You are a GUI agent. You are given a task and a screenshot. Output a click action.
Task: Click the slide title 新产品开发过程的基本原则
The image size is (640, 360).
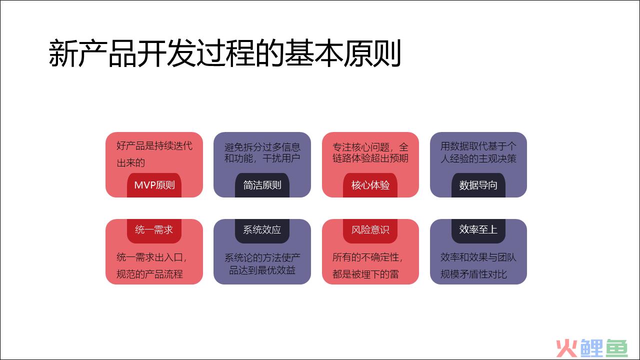click(225, 53)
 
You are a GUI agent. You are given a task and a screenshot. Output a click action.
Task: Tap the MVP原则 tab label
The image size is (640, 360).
click(154, 185)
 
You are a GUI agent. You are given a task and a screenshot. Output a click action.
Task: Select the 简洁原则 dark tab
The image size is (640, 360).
click(262, 185)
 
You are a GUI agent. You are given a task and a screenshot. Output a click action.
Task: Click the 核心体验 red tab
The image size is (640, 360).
click(370, 185)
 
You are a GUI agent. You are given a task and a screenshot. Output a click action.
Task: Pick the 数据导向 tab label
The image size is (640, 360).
click(478, 185)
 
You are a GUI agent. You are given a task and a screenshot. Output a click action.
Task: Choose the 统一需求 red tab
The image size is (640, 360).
click(154, 231)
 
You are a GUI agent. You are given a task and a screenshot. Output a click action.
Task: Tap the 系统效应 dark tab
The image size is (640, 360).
click(262, 231)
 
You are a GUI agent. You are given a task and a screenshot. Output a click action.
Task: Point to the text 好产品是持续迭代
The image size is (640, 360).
click(154, 145)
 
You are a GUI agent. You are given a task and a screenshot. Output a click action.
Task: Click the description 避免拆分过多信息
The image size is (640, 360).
click(262, 147)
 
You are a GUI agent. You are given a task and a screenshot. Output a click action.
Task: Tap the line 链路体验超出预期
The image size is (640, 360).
click(370, 158)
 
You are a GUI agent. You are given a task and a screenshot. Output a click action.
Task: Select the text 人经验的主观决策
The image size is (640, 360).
click(478, 158)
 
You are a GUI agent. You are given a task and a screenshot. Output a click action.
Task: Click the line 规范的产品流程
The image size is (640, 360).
click(149, 274)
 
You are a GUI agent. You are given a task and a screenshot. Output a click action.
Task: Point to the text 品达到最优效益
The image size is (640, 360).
click(262, 270)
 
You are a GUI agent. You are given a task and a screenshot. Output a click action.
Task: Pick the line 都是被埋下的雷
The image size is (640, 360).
click(365, 274)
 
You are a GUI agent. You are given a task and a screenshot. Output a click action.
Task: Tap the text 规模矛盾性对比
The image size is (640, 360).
click(473, 274)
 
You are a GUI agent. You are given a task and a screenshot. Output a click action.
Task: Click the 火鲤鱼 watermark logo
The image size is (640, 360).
click(592, 348)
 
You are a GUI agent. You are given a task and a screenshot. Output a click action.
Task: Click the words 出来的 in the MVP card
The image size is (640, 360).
click(131, 163)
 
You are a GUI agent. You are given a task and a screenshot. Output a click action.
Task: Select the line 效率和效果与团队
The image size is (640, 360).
click(478, 257)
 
